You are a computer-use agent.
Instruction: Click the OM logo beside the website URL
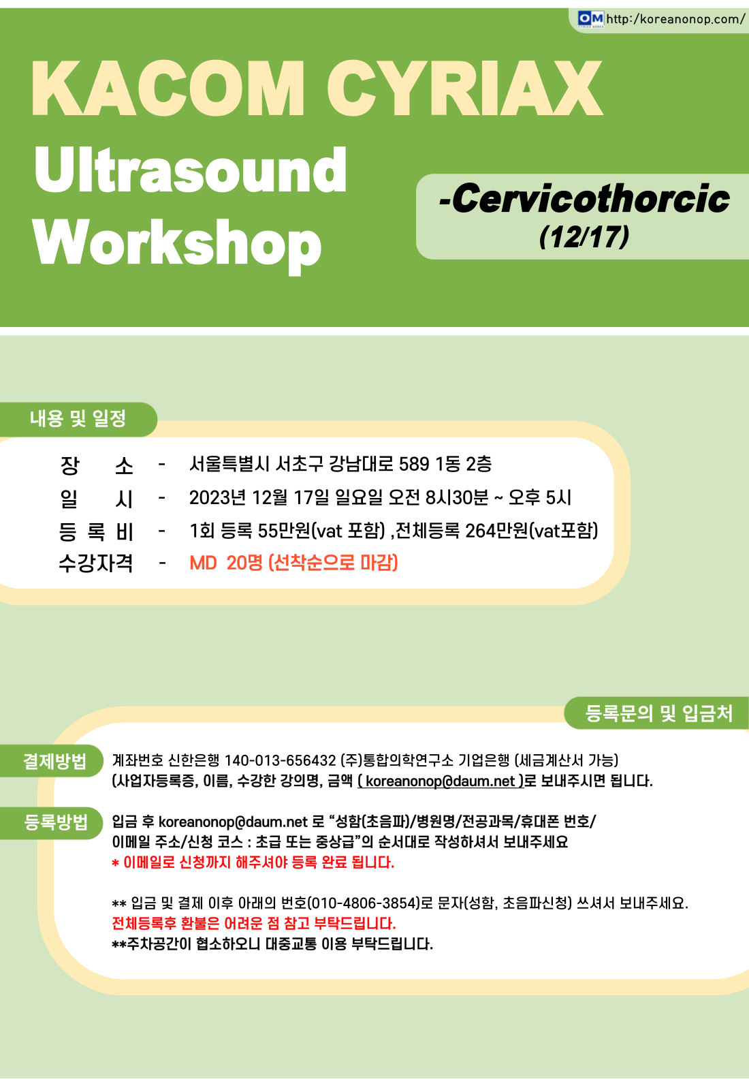pos(590,19)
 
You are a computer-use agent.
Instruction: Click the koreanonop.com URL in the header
pos(675,19)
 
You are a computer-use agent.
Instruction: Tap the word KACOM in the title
pos(168,89)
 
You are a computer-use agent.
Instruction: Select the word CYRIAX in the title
pos(465,89)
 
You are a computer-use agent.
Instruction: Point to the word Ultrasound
pos(190,170)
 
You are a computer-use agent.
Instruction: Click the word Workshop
pos(178,245)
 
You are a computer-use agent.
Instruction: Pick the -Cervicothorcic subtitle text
pos(584,198)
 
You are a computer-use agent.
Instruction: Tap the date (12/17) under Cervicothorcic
pos(584,237)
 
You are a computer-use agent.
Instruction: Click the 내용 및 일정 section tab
pos(78,419)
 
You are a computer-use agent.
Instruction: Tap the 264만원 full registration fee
pos(496,531)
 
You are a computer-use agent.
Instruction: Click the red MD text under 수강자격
pos(203,563)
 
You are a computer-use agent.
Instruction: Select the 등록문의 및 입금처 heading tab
pos(658,713)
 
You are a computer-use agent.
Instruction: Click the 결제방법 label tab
pos(54,761)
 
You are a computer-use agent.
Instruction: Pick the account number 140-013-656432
pos(280,760)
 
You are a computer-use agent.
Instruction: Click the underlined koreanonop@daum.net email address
pos(440,781)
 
